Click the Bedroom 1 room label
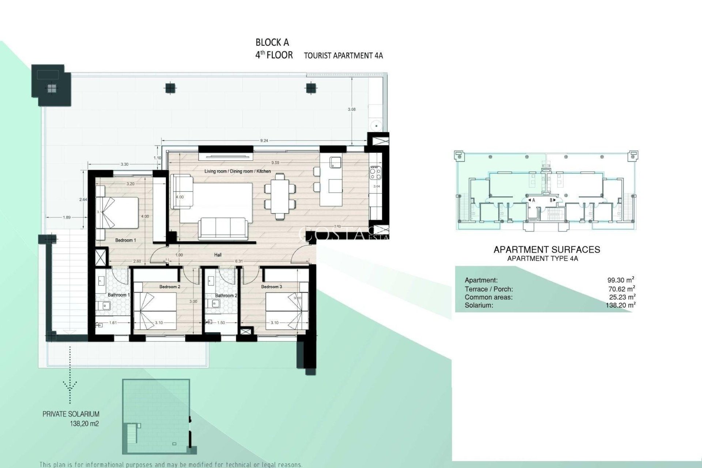click(125, 240)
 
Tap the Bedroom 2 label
click(170, 287)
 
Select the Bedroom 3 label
click(271, 287)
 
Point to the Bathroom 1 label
click(119, 295)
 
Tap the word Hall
click(218, 255)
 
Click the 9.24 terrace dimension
click(264, 140)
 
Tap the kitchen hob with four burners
click(375, 173)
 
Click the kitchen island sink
click(335, 162)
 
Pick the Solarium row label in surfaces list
click(479, 305)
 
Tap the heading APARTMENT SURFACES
click(547, 250)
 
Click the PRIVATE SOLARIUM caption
click(71, 414)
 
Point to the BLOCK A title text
click(272, 42)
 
